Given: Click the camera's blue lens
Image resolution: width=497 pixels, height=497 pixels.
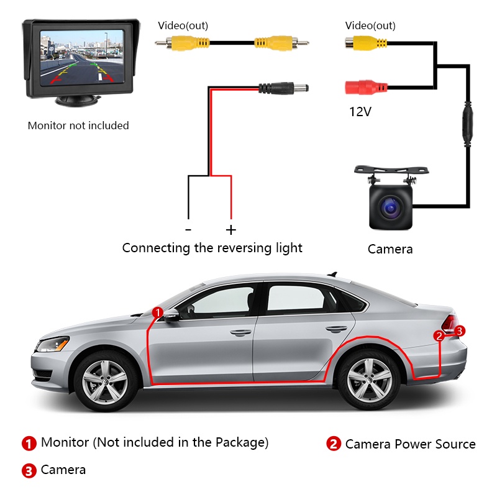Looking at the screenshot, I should coord(391,207).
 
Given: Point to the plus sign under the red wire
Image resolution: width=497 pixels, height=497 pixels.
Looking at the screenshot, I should coord(231,230).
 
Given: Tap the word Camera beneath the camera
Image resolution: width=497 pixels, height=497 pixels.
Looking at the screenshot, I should coord(390,249).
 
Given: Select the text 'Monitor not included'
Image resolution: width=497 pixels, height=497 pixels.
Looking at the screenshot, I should coord(78,125).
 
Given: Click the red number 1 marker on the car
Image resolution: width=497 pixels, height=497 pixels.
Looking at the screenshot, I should coord(158,311).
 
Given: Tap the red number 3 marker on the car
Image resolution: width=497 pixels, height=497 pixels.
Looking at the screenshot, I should coord(459,331).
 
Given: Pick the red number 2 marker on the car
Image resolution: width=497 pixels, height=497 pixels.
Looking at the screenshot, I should coord(440,336).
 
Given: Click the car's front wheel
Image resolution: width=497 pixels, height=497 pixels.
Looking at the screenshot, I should coord(104,380).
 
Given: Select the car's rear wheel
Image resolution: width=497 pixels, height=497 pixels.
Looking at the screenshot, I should coord(369,380).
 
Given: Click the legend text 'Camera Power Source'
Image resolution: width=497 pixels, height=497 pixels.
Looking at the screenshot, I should coord(410,444).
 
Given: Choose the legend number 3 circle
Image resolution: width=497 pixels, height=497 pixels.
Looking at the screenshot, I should coord(29,470).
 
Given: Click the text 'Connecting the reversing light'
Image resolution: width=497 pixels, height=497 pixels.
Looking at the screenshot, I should coord(212,248).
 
